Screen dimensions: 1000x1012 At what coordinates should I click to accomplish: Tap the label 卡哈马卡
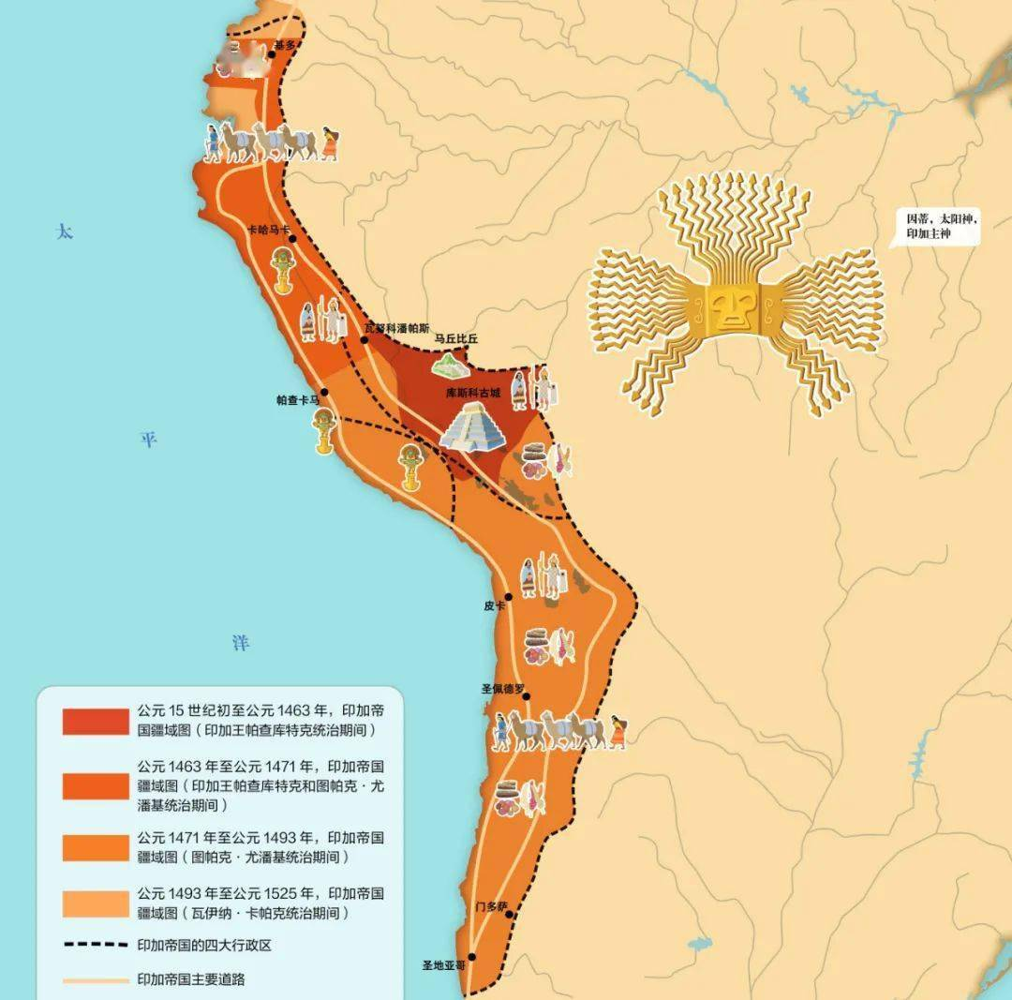[x=269, y=229]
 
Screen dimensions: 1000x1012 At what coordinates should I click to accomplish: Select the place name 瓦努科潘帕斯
[x=397, y=329]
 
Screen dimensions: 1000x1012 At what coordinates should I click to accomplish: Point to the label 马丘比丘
[x=455, y=338]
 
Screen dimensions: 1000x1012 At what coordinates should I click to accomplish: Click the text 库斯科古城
[x=471, y=395]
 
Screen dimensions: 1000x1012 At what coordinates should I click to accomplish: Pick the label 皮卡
[x=494, y=605]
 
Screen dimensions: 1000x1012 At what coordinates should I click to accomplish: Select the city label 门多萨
[x=490, y=906]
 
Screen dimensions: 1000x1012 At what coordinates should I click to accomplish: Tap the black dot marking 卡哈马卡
[x=293, y=239]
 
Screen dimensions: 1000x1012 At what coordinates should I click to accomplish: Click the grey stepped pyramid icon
[x=473, y=429]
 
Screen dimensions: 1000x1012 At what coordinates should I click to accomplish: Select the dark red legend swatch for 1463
[x=96, y=721]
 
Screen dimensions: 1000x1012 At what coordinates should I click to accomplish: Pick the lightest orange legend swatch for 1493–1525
[x=96, y=903]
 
